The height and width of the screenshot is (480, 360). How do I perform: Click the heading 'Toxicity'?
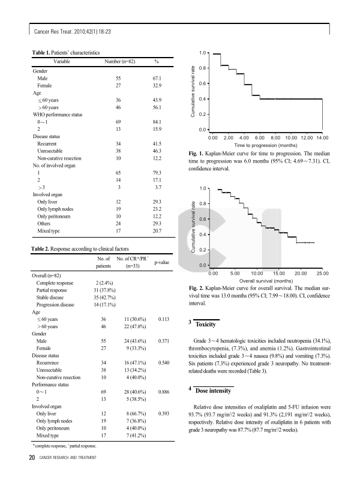coord(206,324)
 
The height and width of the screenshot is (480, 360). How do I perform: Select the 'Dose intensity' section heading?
coord(213,391)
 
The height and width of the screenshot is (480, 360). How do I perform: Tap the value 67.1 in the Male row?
coord(157,79)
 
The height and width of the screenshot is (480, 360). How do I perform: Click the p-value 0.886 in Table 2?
coord(158,391)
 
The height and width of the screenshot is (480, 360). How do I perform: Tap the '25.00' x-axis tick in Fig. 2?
coord(323,273)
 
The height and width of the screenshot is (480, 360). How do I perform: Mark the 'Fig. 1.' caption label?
coord(197,154)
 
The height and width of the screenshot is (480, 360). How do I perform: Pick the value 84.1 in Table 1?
coord(157,121)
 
